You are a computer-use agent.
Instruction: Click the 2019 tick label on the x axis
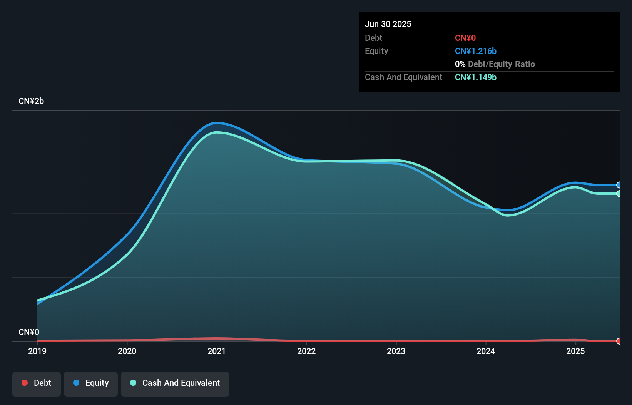[x=37, y=351]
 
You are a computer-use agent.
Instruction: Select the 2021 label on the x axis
[x=217, y=351]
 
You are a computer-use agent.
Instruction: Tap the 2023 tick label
[x=396, y=351]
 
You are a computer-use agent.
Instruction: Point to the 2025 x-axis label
[x=575, y=351]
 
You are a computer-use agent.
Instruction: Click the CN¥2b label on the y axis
[x=31, y=101]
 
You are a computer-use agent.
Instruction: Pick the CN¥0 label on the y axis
[x=29, y=332]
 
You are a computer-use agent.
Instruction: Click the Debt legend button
[x=37, y=383]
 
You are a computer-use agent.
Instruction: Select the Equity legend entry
[x=91, y=383]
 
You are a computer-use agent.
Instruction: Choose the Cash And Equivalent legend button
[x=175, y=383]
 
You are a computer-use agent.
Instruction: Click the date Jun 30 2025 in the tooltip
[x=388, y=24]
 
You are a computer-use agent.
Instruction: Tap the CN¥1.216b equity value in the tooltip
[x=476, y=51]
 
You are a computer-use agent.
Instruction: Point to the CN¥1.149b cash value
[x=476, y=77]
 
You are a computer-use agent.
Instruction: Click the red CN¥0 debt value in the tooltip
[x=465, y=38]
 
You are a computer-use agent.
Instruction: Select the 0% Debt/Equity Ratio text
[x=495, y=64]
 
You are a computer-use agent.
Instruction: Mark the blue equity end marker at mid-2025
[x=619, y=185]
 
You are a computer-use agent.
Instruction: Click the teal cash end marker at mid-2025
[x=619, y=194]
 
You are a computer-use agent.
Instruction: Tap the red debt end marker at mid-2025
[x=619, y=341]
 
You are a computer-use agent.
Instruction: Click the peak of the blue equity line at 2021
[x=217, y=123]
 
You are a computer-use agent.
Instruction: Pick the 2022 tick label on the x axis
[x=306, y=351]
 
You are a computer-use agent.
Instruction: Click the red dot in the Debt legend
[x=25, y=383]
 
